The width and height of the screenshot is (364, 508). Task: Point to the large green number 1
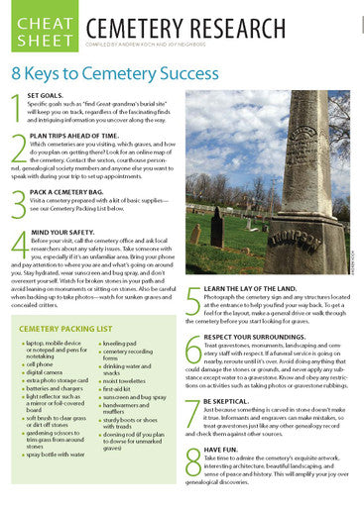coord(17,105)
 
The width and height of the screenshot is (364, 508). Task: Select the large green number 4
coord(18,244)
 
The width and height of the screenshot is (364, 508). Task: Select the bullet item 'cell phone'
coord(41,364)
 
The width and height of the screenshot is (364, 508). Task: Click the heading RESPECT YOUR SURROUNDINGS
coord(257,336)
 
